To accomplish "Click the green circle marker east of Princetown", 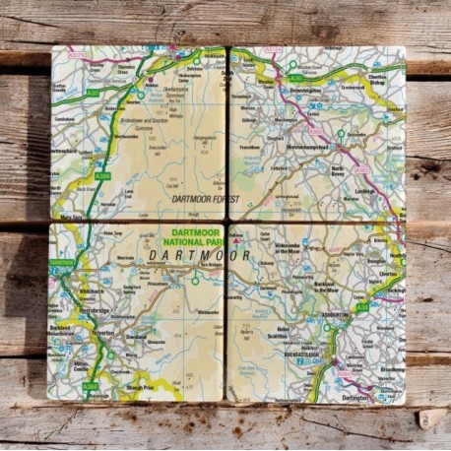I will coord(195,280).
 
